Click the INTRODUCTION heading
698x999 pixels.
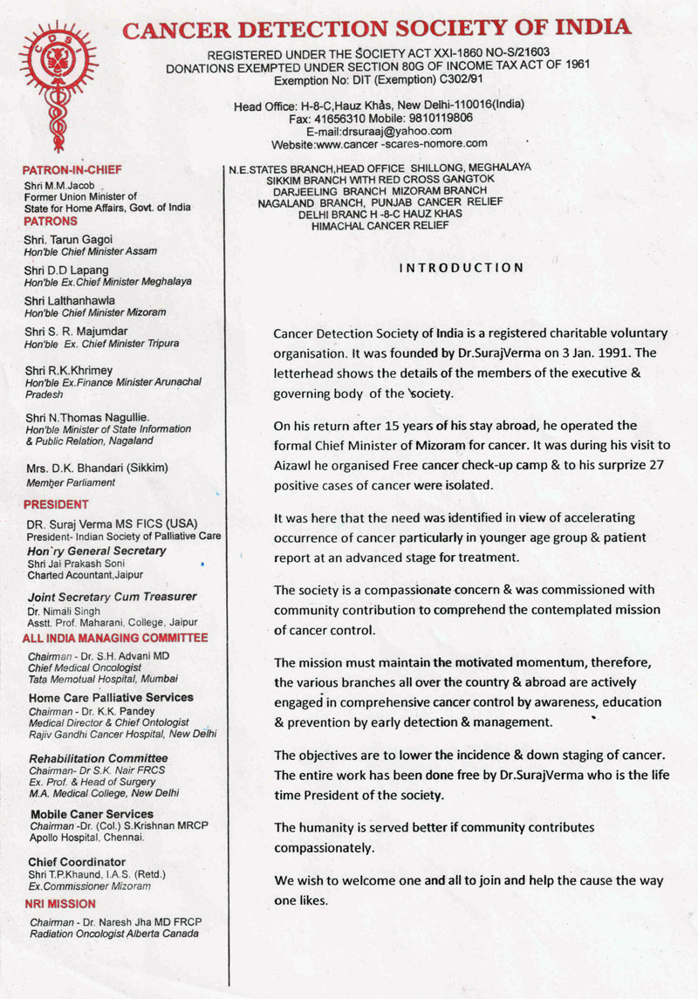(462, 268)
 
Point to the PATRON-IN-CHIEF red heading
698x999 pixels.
(72, 169)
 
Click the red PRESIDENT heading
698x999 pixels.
(56, 504)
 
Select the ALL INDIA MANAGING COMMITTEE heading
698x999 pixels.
(115, 638)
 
